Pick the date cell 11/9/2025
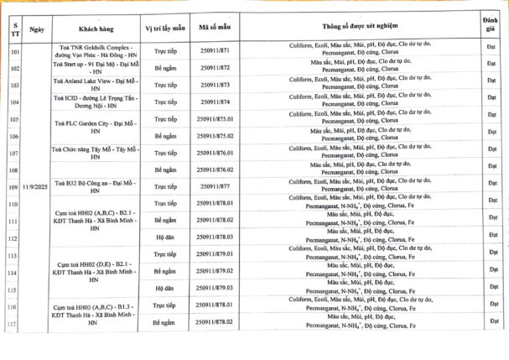point(36,186)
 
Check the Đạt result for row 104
point(491,102)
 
